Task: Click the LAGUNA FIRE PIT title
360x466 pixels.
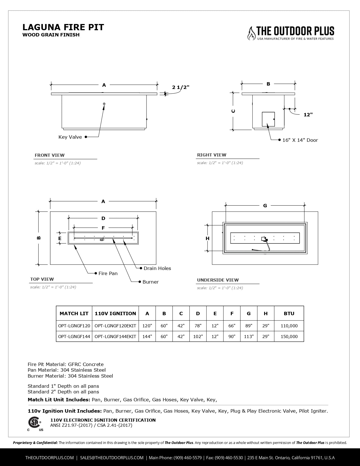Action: (63, 27)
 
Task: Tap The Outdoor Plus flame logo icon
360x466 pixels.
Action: (251, 33)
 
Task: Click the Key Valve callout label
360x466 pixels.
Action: (70, 137)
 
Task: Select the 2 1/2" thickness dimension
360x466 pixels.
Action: (181, 87)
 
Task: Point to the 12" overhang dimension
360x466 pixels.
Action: (308, 115)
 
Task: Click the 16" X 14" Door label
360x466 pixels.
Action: (300, 140)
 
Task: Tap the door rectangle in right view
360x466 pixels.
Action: (268, 119)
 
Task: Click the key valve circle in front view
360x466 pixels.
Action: (104, 104)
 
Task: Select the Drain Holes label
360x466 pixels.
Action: (157, 268)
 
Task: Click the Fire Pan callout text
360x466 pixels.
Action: (108, 273)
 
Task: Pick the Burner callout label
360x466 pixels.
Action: (150, 282)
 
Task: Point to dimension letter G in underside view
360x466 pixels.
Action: (265, 206)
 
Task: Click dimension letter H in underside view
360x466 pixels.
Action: (208, 238)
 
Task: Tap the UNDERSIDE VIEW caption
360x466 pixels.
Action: (218, 280)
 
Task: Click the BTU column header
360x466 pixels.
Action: (289, 313)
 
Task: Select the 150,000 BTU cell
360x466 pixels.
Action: (289, 336)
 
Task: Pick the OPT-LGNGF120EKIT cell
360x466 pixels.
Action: (115, 326)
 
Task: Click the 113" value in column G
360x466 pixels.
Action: (248, 336)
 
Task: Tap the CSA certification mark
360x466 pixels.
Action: (34, 423)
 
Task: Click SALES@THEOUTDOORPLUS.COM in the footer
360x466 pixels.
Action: (112, 458)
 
